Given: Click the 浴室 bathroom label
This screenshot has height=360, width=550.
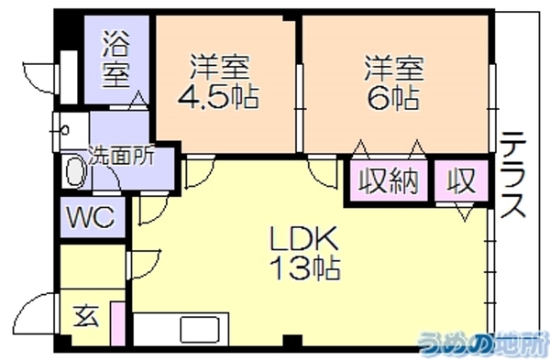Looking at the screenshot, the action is [x=116, y=59].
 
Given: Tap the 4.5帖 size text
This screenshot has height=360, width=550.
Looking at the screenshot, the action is [x=218, y=95].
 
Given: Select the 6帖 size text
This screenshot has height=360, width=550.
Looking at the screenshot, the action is [x=393, y=97].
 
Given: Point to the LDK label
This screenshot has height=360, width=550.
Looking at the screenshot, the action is [x=303, y=238].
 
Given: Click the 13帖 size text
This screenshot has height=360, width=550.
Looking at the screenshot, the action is [x=305, y=268].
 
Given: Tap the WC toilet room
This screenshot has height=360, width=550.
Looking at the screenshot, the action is [x=92, y=217].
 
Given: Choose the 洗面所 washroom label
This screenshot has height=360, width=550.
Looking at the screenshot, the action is [x=121, y=156].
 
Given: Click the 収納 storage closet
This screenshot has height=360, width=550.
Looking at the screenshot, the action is [x=389, y=180].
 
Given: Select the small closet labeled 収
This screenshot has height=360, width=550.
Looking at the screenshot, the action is [x=462, y=180].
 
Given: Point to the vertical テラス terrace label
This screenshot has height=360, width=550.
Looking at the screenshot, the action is [x=512, y=175].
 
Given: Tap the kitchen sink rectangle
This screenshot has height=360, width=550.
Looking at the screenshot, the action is [x=200, y=329].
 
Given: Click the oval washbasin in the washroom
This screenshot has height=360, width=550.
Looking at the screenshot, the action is [x=75, y=172].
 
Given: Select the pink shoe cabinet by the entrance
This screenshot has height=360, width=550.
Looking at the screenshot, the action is [x=117, y=323].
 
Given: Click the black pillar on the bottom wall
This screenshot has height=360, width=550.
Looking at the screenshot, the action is [x=292, y=341].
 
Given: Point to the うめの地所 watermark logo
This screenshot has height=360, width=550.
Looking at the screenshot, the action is [x=484, y=342].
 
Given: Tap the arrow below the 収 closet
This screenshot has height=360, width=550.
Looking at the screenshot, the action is [x=465, y=213].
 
